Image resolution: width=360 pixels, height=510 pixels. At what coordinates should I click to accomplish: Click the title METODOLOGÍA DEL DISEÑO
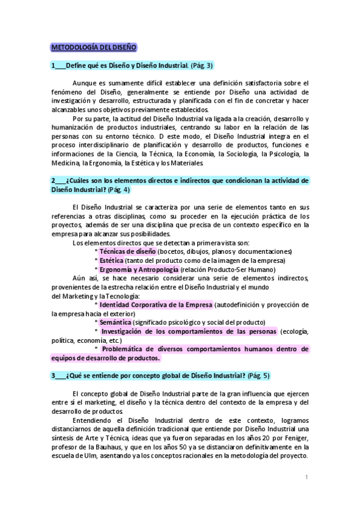point(93,47)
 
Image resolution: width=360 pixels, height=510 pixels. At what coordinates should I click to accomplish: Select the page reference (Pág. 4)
point(118,189)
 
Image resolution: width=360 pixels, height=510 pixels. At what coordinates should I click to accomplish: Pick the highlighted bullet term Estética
point(111,260)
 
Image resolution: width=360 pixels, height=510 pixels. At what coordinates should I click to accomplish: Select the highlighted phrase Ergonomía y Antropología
point(135,270)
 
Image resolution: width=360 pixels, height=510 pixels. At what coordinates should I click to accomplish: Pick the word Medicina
point(66,163)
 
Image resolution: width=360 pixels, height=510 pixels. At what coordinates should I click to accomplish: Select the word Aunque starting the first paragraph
point(85,83)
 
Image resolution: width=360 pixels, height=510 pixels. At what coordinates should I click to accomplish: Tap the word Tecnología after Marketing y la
point(122,295)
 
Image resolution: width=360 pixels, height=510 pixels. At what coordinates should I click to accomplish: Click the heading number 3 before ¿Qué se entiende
point(53,375)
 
